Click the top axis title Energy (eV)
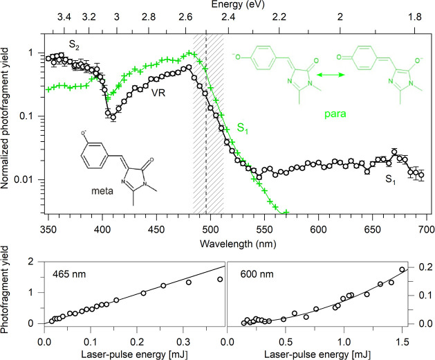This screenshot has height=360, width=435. (x=238, y=4)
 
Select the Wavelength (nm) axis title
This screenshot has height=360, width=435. (x=238, y=244)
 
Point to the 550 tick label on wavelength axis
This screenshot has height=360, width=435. (x=264, y=230)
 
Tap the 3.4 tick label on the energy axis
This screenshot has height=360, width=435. (x=64, y=17)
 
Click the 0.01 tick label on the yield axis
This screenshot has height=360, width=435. (x=30, y=179)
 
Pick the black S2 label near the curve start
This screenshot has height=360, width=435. (x=74, y=44)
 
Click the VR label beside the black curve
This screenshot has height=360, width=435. (x=158, y=93)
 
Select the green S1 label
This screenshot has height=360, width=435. (x=242, y=128)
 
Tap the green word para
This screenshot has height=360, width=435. (x=335, y=114)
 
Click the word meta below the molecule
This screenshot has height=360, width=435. (x=102, y=191)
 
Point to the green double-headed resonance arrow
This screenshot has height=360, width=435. (x=331, y=75)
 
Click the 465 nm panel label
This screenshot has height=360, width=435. (x=69, y=274)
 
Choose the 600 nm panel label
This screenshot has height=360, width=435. (x=257, y=274)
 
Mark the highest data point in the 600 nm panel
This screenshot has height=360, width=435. (x=402, y=269)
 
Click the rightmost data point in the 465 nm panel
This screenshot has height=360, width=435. (x=220, y=279)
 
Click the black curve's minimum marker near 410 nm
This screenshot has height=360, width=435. (x=113, y=118)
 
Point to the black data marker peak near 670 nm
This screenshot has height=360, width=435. (x=394, y=152)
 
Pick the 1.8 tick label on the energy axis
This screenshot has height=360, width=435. (x=415, y=17)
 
